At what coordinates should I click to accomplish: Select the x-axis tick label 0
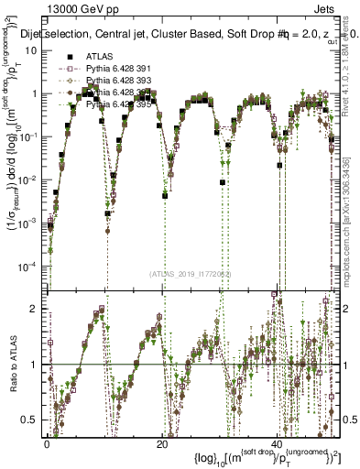click(x=47, y=442)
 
